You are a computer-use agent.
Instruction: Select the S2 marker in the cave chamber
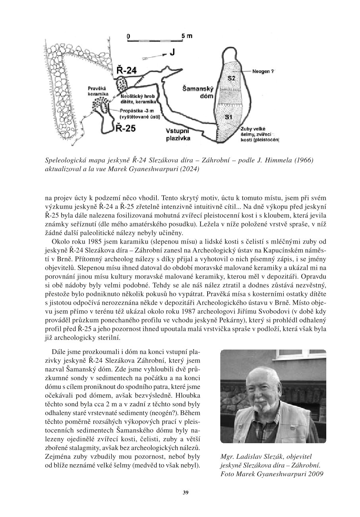[x=232, y=79]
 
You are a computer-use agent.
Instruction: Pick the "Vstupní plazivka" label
[x=178, y=135]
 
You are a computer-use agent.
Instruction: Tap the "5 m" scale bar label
[x=187, y=36]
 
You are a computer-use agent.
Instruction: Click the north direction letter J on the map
[x=172, y=53]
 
